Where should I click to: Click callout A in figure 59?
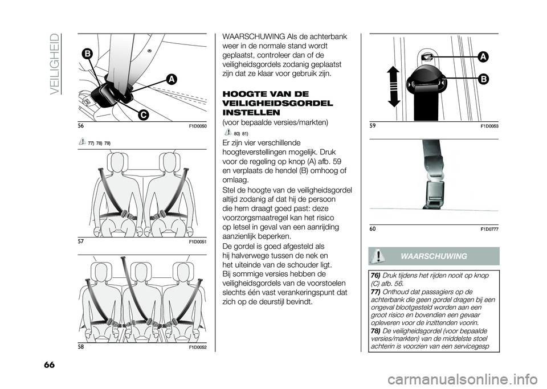click(482, 56)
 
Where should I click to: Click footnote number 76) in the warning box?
click(375, 276)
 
